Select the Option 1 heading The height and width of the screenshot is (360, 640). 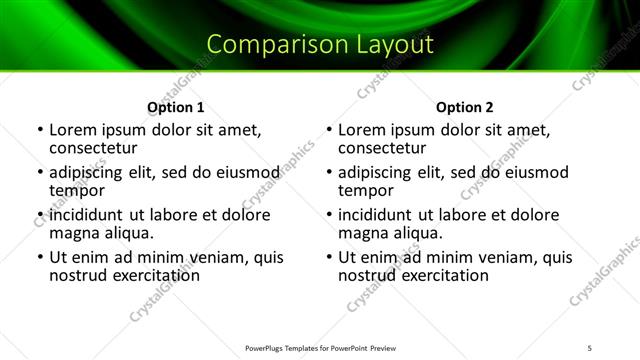click(x=176, y=107)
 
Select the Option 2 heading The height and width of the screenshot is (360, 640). click(x=465, y=107)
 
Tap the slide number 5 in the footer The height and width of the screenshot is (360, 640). click(x=591, y=347)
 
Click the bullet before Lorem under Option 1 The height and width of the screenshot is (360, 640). click(x=39, y=131)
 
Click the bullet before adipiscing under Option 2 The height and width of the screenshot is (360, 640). click(x=328, y=173)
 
